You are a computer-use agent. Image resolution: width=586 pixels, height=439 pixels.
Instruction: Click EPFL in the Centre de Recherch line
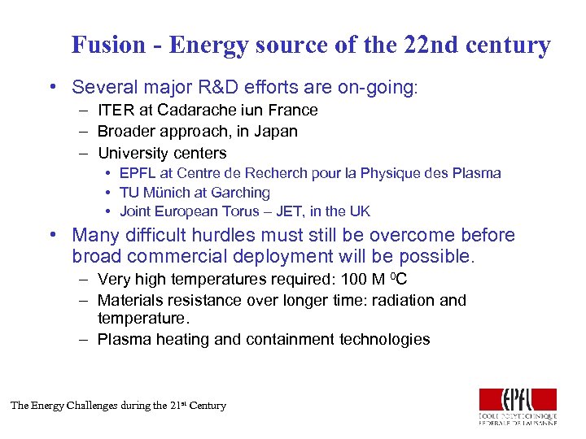(137, 173)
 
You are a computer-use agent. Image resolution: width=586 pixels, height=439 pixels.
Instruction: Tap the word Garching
(242, 193)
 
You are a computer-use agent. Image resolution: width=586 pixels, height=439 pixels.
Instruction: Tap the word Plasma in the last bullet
(126, 339)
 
